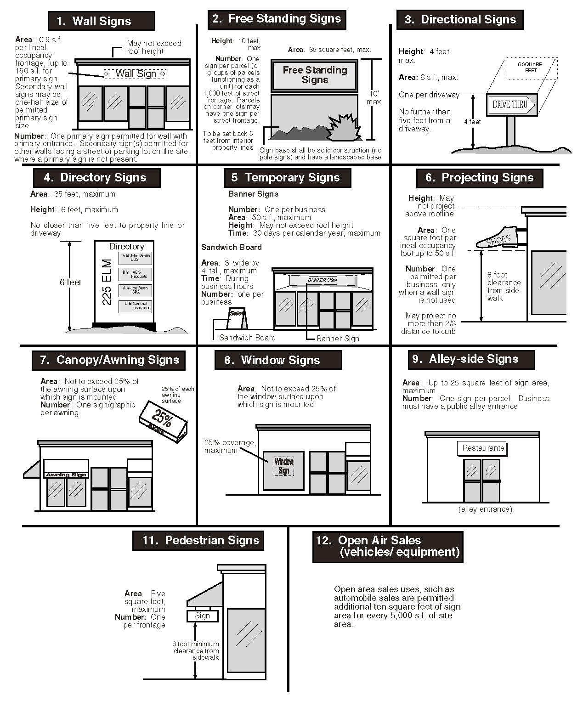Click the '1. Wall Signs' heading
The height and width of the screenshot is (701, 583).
[x=101, y=21]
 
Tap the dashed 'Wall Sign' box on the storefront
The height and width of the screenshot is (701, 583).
[x=135, y=73]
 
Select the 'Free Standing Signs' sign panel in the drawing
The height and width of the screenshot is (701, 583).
[x=314, y=75]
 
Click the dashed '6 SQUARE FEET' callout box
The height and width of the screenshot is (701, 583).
[x=531, y=68]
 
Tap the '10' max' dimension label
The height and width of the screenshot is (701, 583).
[x=374, y=97]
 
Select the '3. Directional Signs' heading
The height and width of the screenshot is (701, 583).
[x=459, y=20]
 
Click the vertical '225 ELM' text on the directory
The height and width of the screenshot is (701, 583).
[x=107, y=282]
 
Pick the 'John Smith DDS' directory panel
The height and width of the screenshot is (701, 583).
[x=135, y=258]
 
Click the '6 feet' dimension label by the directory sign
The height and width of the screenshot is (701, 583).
[x=70, y=283]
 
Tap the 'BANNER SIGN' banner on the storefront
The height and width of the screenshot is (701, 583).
[x=322, y=280]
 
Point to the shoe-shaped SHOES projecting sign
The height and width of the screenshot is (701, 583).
[x=498, y=237]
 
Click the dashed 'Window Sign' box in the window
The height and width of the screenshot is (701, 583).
[x=283, y=466]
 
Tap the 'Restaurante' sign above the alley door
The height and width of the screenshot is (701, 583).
[x=482, y=448]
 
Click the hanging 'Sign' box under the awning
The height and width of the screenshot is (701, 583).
[x=202, y=616]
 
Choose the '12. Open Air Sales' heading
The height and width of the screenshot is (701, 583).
[x=387, y=546]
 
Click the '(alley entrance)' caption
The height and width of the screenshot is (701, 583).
[x=485, y=509]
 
